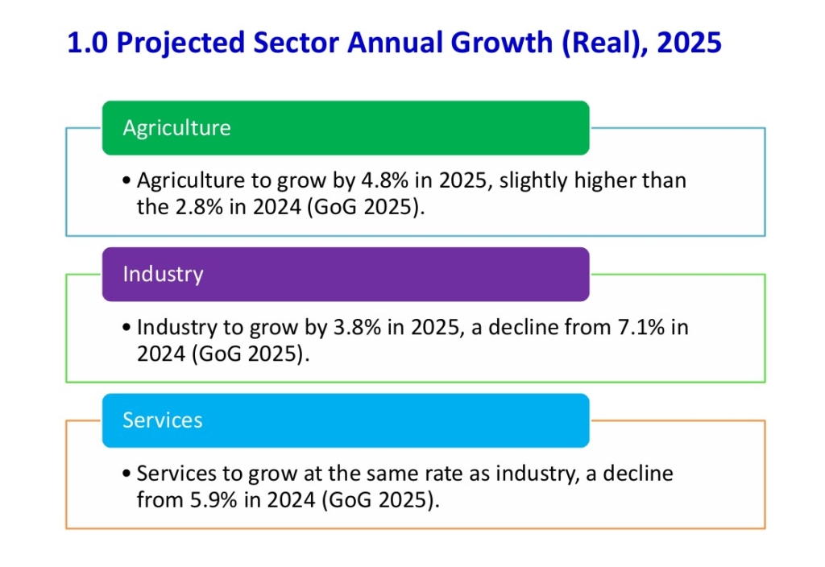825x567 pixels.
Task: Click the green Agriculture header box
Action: point(345,128)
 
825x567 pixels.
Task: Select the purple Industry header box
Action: point(345,274)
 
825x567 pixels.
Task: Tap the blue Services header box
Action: point(345,420)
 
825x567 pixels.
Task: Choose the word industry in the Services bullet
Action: point(533,474)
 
